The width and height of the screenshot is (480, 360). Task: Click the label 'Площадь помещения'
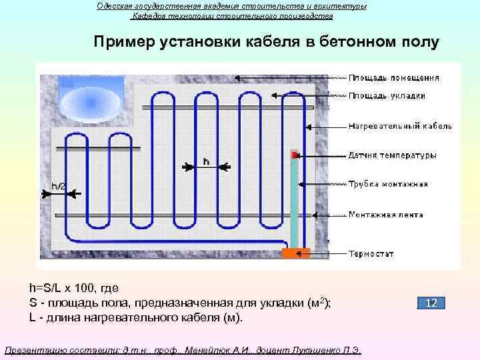394,77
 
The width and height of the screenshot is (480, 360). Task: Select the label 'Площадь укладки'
387,95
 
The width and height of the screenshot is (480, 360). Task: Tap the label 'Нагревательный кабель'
400,125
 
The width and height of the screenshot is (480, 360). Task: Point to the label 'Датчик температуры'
393,155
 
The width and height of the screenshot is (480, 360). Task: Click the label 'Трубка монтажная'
388,184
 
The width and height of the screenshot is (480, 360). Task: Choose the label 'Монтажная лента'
386,215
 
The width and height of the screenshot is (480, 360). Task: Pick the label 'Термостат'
371,254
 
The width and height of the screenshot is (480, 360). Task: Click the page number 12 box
431,303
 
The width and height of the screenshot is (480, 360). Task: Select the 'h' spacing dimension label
206,161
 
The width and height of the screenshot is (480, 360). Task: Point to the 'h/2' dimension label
59,186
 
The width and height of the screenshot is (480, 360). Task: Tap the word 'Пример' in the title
123,43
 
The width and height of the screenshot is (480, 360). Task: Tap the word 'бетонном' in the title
358,43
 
